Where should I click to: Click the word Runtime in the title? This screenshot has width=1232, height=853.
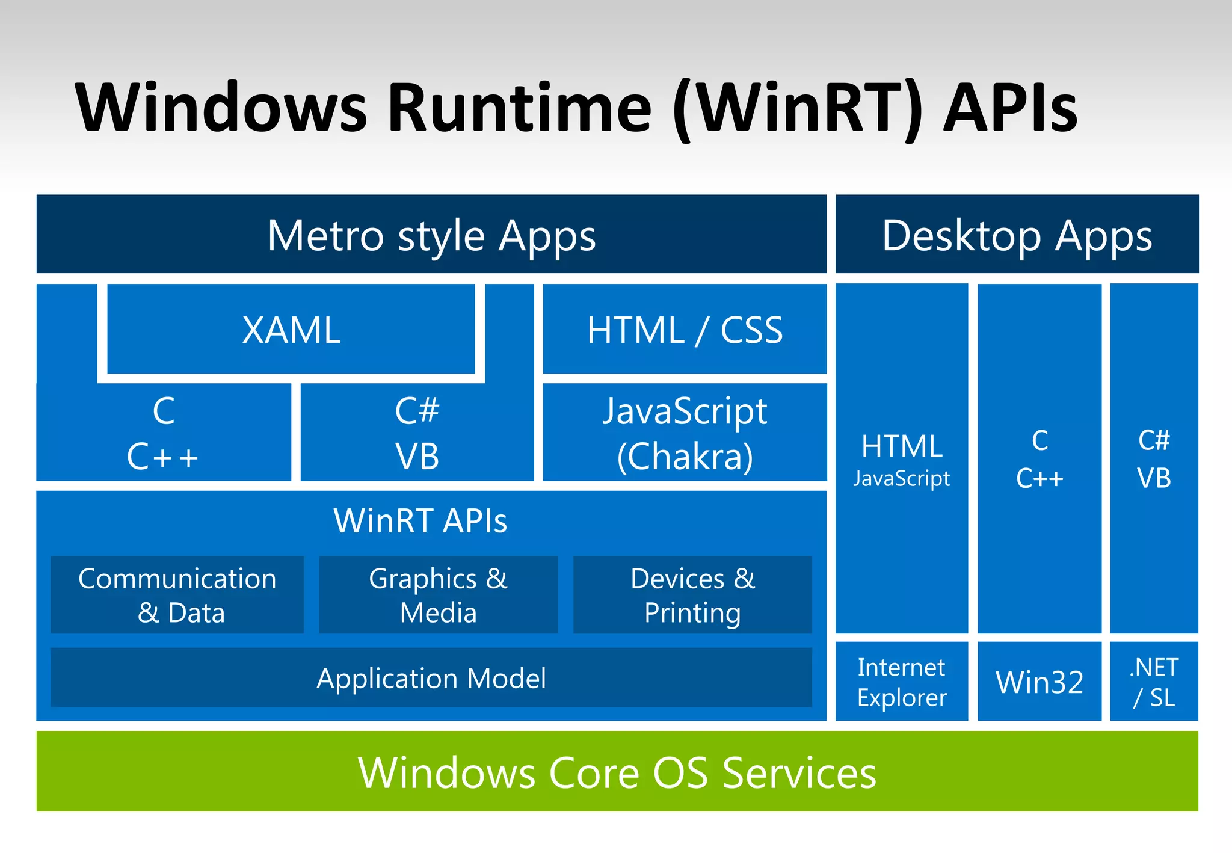pos(520,108)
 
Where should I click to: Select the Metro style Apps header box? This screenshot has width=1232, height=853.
pos(431,235)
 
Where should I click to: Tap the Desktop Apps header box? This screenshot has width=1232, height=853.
pos(1017,235)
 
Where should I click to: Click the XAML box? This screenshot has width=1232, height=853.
pos(291,330)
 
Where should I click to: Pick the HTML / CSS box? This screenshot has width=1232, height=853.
pos(685,330)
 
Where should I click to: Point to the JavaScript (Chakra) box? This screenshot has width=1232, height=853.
pos(685,433)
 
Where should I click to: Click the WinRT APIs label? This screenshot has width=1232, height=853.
pos(420,521)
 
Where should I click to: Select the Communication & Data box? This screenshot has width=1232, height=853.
pos(177,595)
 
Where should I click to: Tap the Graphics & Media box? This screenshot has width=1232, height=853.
pos(438,595)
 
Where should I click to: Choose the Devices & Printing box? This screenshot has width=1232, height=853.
pos(692,595)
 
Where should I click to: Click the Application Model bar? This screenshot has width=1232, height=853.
pos(431,678)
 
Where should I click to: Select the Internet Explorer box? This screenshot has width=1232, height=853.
pos(902,682)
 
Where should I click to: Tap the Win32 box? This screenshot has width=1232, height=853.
pos(1039,682)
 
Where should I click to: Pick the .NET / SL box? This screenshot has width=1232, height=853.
pos(1154,682)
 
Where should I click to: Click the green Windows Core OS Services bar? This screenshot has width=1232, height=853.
pos(617,772)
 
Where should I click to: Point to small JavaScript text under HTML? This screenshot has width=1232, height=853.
pos(902,479)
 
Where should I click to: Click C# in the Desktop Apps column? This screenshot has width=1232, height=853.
pos(1154,440)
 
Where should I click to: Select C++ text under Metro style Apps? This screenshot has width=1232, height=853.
pos(162,457)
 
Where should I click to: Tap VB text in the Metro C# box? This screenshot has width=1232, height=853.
pos(417,457)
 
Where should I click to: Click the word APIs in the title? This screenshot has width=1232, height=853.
pos(1011,108)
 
